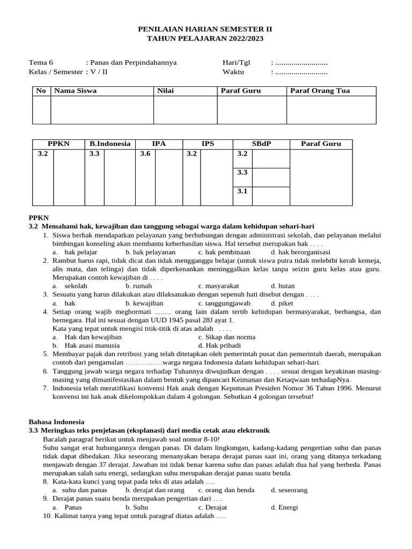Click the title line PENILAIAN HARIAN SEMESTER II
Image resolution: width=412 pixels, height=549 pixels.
click(x=205, y=29)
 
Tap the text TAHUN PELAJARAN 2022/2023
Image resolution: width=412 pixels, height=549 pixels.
click(x=205, y=39)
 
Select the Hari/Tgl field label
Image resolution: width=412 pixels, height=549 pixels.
click(x=236, y=62)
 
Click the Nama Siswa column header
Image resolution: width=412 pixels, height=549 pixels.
click(x=75, y=91)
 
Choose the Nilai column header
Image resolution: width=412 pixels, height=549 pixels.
click(x=165, y=91)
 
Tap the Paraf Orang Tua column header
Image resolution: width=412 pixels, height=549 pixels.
click(x=320, y=91)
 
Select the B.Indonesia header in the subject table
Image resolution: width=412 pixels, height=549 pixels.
click(x=110, y=144)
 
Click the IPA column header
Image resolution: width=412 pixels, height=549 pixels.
click(x=159, y=144)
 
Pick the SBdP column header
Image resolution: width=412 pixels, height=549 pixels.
click(x=261, y=144)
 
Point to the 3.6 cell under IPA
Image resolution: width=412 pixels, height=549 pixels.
click(x=145, y=154)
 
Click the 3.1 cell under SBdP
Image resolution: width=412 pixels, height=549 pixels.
click(x=242, y=191)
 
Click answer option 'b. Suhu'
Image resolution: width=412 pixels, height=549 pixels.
click(x=137, y=507)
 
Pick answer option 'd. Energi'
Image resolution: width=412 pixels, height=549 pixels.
click(x=284, y=507)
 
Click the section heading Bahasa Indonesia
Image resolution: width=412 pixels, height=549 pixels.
click(x=56, y=422)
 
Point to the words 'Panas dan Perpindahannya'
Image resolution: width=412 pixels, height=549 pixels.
click(x=133, y=62)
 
